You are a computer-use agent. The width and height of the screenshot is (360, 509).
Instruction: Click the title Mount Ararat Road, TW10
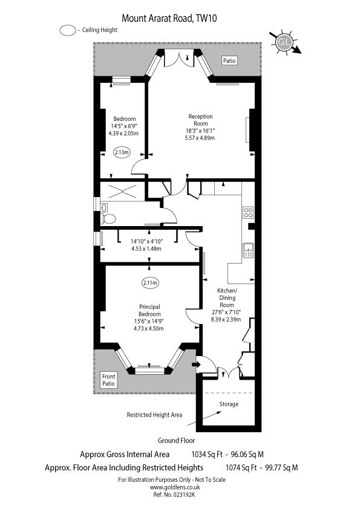click(x=169, y=18)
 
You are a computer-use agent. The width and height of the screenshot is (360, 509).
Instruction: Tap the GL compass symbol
click(x=283, y=42)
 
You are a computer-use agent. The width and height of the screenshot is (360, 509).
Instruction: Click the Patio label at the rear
click(x=229, y=60)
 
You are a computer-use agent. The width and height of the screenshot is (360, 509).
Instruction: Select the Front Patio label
click(x=108, y=380)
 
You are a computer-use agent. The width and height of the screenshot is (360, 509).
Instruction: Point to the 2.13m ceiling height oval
click(x=122, y=153)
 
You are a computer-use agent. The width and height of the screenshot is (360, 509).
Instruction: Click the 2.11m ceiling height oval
click(x=150, y=282)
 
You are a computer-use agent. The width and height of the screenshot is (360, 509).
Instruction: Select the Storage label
click(x=229, y=404)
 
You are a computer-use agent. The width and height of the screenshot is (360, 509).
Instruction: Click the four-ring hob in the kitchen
click(x=248, y=212)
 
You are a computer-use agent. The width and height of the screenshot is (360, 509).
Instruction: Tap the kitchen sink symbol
click(x=248, y=250)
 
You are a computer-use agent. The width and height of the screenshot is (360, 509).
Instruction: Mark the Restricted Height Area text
click(x=154, y=415)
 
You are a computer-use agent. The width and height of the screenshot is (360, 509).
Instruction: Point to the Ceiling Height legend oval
click(x=68, y=30)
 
